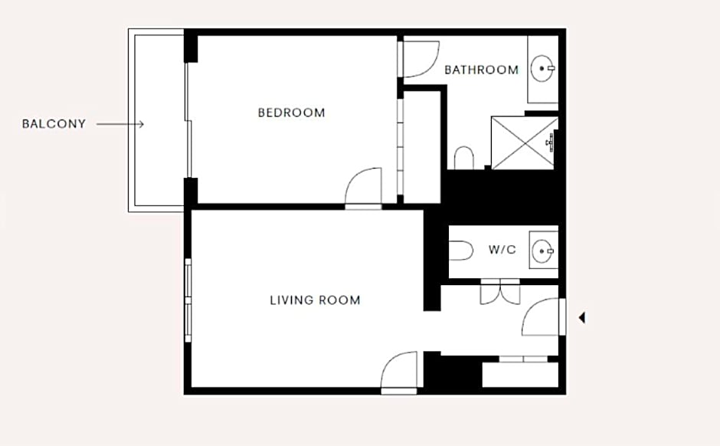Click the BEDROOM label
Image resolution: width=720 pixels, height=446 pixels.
tap(292, 113)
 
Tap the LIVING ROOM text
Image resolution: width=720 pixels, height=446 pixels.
tap(315, 300)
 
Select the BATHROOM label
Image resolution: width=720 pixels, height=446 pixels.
tap(482, 70)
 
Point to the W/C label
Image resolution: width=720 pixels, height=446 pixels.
tap(502, 250)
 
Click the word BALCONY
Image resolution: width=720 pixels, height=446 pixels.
tap(54, 124)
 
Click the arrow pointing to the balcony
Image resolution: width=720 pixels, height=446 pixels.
tap(120, 124)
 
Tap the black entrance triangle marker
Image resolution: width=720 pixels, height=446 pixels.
tap(582, 317)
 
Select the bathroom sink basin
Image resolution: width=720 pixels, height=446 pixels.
tap(542, 68)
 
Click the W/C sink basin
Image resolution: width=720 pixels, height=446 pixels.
tap(543, 251)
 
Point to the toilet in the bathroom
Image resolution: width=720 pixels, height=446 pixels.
tap(463, 158)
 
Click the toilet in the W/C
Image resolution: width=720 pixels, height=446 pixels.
tap(460, 251)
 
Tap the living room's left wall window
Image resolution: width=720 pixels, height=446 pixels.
tap(188, 300)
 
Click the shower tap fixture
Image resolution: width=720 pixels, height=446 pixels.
tap(551, 143)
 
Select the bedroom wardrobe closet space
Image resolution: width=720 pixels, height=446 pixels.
tap(421, 147)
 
